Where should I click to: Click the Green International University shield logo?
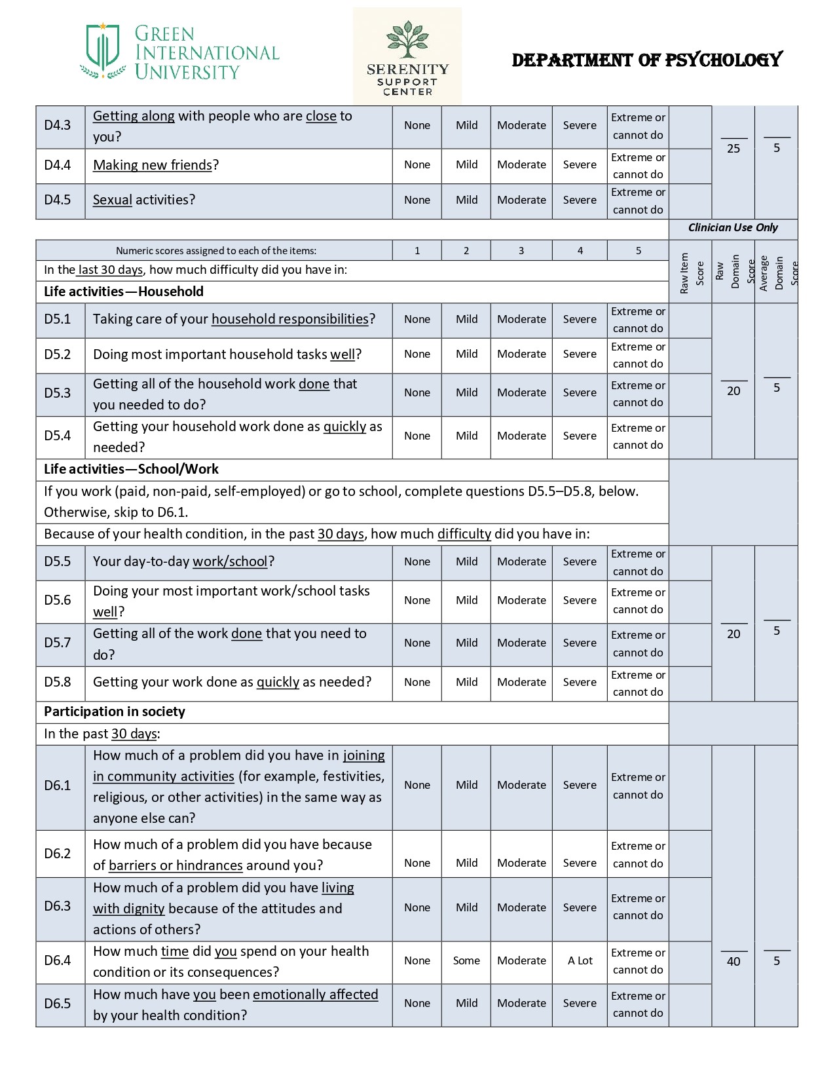point(103,51)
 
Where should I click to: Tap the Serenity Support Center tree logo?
point(407,39)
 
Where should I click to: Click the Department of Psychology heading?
point(646,60)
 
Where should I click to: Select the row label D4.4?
point(58,164)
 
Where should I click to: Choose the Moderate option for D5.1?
point(521,319)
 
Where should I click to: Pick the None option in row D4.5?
point(417,200)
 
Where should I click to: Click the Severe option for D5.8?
point(580,682)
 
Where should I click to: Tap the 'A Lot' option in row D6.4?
point(580,960)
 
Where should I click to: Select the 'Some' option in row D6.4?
point(466,960)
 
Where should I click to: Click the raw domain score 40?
point(733,961)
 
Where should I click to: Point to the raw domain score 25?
point(733,149)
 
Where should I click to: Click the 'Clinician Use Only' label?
point(733,227)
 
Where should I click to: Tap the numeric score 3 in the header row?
point(521,250)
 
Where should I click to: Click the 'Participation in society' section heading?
point(115,711)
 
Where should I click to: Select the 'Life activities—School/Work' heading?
point(131,469)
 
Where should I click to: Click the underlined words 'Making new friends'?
point(153,165)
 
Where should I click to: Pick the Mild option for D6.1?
point(466,785)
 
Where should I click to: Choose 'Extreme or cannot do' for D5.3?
point(638,394)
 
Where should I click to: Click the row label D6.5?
point(58,1004)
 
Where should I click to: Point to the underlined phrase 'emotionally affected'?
point(315,995)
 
